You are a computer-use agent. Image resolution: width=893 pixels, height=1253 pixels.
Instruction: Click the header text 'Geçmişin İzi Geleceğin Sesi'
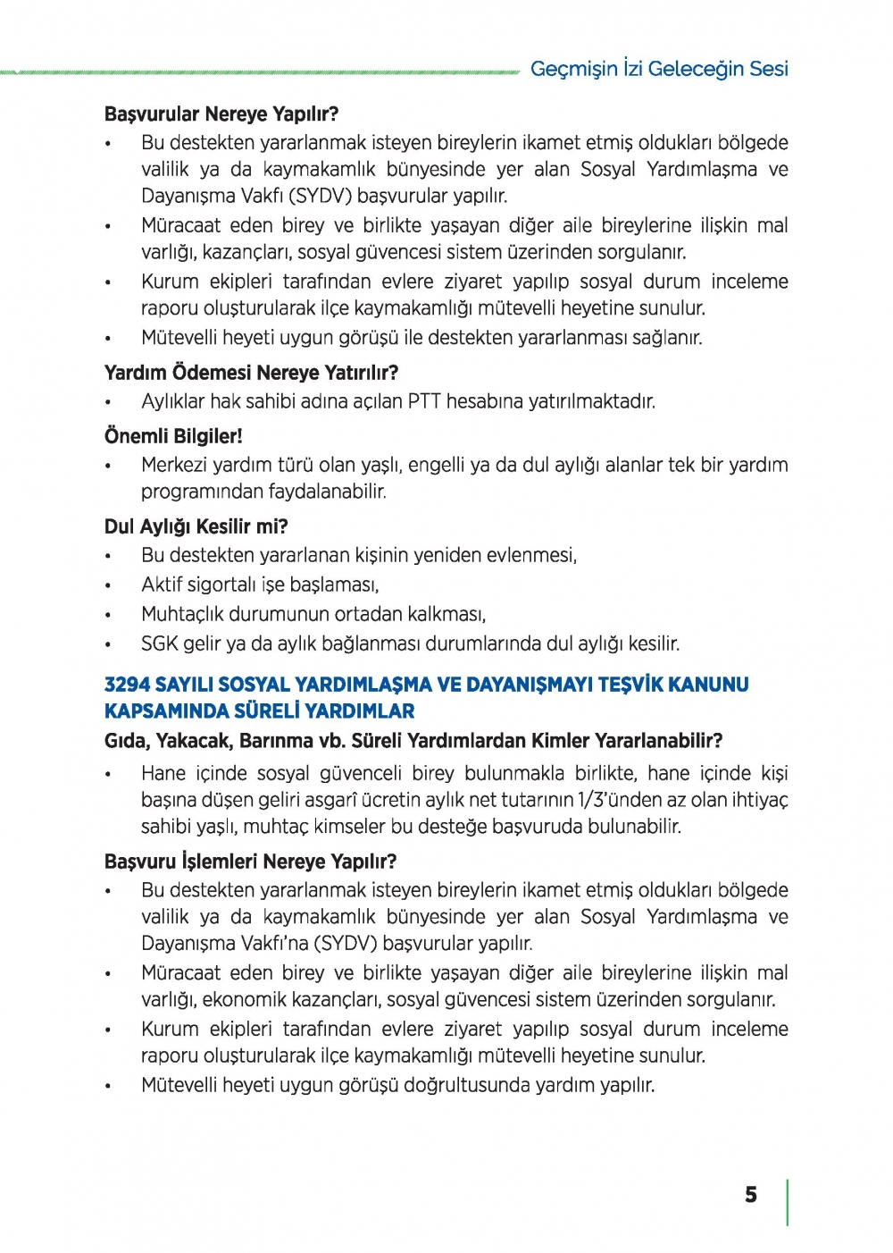click(x=658, y=69)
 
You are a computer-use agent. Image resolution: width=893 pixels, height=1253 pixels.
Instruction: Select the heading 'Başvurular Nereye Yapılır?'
click(x=221, y=114)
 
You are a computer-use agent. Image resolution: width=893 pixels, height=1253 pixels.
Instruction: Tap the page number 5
click(x=751, y=1195)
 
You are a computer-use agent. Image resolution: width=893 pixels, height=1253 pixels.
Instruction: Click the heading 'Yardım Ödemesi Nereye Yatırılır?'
click(x=251, y=373)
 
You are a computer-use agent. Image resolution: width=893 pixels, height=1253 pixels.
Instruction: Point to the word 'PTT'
click(x=424, y=401)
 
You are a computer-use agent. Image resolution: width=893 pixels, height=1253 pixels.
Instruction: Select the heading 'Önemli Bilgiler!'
click(x=173, y=436)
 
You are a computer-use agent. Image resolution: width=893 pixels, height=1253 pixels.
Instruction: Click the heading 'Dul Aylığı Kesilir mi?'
click(x=196, y=526)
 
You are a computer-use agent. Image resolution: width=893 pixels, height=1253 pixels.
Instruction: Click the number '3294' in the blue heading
click(x=126, y=685)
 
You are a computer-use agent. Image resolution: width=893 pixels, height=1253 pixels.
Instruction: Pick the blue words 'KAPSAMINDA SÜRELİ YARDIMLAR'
click(x=259, y=711)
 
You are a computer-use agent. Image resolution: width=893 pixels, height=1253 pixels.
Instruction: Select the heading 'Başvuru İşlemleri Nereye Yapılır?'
click(x=250, y=862)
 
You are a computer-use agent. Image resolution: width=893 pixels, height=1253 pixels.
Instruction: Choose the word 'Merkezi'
click(x=171, y=465)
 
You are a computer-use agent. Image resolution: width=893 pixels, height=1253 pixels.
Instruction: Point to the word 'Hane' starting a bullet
click(x=163, y=773)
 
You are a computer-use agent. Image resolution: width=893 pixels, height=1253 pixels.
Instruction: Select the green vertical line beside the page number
click(x=788, y=1202)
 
